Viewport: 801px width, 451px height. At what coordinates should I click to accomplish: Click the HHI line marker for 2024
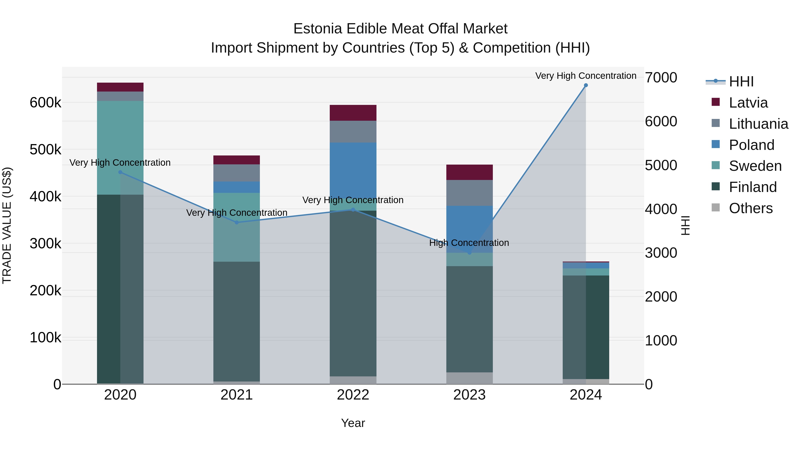pos(586,85)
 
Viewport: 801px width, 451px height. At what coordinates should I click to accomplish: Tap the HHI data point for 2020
pos(120,172)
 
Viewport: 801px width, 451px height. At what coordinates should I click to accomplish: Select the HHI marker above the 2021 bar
pos(237,222)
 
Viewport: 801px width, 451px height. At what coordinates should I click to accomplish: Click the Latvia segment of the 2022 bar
pos(353,113)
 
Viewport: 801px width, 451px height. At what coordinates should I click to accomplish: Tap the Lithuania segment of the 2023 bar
pos(469,193)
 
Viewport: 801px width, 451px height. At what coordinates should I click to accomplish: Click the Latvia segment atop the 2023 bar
pos(469,172)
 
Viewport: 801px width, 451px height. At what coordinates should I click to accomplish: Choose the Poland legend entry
pos(751,145)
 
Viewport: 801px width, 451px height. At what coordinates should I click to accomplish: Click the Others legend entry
pos(751,208)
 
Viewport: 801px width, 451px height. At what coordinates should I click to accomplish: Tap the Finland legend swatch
pos(716,187)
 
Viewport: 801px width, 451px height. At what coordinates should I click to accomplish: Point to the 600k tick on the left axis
pos(45,103)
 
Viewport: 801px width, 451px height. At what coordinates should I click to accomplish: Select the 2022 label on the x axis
pos(353,395)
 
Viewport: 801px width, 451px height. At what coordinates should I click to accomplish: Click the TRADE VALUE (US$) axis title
pos(7,225)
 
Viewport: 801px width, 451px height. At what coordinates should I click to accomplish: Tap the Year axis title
pos(353,423)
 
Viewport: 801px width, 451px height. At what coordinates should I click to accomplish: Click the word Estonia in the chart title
pos(318,29)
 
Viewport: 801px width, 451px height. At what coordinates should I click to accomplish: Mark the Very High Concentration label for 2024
pos(586,76)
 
